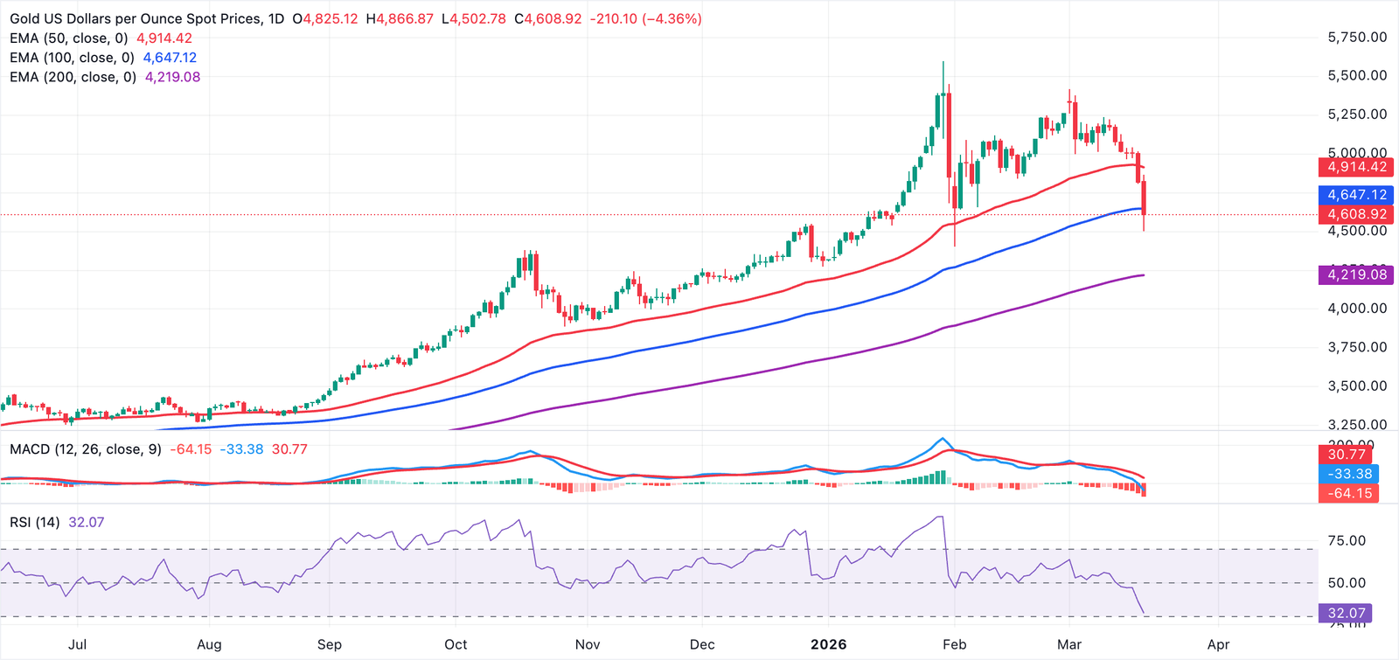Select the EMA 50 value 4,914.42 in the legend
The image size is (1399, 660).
click(x=164, y=38)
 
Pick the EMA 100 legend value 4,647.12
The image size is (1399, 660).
click(x=170, y=58)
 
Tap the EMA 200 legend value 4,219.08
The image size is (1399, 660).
click(x=172, y=77)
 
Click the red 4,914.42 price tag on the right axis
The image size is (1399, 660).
click(x=1356, y=167)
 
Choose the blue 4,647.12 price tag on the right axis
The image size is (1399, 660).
click(x=1356, y=195)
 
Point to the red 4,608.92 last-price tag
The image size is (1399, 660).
click(x=1356, y=214)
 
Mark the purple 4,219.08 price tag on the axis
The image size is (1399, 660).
click(x=1356, y=274)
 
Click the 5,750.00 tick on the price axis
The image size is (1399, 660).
click(x=1357, y=38)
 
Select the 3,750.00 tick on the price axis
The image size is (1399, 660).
click(x=1357, y=347)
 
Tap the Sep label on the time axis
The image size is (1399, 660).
click(x=329, y=644)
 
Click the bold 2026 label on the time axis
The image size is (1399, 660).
click(x=828, y=644)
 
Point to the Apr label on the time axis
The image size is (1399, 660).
click(x=1218, y=644)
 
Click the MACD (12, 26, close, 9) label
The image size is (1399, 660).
click(x=86, y=449)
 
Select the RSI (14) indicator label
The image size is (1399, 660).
click(x=35, y=523)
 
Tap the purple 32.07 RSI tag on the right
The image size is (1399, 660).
click(x=1346, y=614)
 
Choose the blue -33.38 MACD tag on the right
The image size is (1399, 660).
click(x=1350, y=474)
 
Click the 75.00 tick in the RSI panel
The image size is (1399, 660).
click(x=1347, y=541)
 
